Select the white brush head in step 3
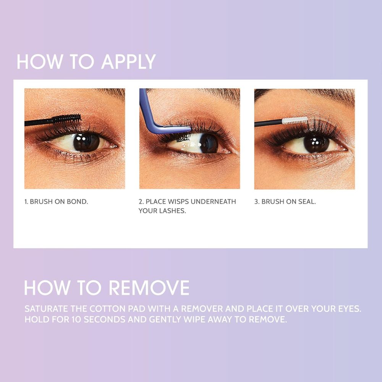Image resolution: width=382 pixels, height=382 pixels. coord(295,121)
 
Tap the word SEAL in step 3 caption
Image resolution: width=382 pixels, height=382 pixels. coord(307,201)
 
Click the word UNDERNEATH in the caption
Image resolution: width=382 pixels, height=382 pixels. coord(217,201)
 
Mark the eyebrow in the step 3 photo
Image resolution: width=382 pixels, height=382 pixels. coord(306,94)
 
